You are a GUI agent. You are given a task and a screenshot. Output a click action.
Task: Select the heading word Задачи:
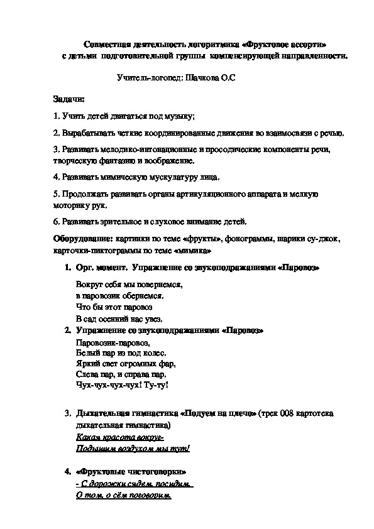[x=66, y=99]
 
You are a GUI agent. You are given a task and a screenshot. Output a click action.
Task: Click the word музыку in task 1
[x=178, y=116]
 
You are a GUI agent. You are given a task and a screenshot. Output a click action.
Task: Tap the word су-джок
[x=324, y=239]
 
